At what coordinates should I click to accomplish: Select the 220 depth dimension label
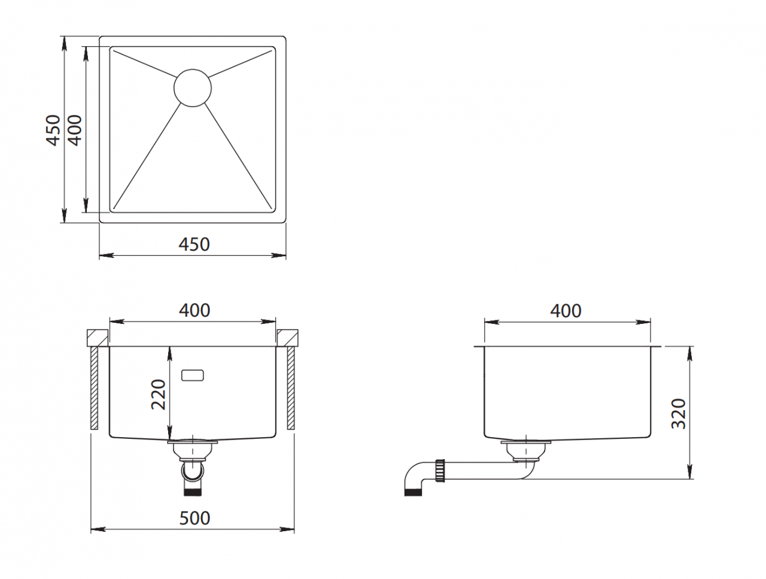[x=158, y=394]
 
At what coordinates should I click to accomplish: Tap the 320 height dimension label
[x=679, y=414]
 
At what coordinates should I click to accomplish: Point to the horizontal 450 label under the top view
[x=194, y=244]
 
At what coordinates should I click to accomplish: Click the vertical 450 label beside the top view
[x=54, y=130]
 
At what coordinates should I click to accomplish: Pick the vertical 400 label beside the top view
[x=75, y=130]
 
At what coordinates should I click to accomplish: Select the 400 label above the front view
[x=194, y=310]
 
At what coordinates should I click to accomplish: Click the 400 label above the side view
[x=566, y=311]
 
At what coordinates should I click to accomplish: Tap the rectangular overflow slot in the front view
[x=193, y=375]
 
